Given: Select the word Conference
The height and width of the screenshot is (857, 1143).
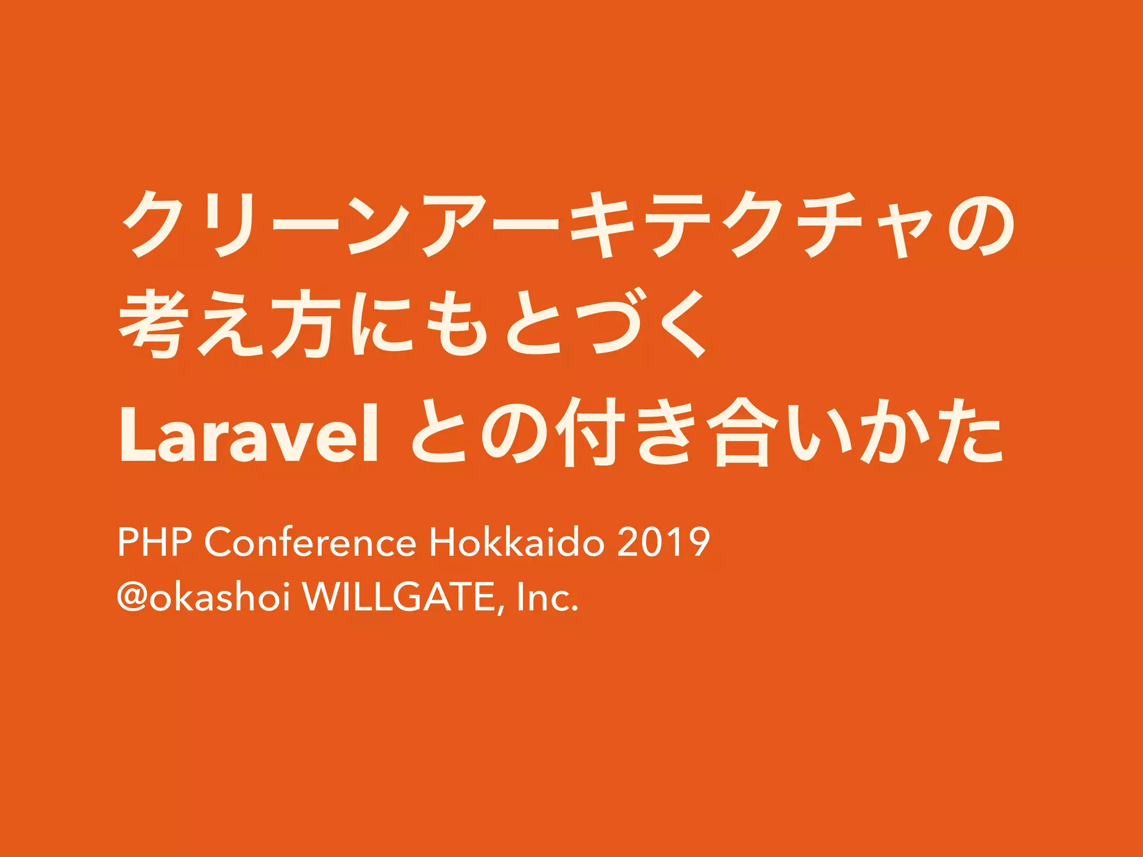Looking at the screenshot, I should [x=310, y=542].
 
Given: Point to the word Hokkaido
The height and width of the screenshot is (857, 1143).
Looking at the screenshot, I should [x=517, y=542].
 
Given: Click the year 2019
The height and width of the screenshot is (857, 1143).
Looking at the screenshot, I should [x=664, y=542].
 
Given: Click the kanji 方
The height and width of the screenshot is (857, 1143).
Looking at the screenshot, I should [x=305, y=324].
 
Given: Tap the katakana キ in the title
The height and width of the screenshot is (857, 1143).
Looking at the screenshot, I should [x=603, y=223].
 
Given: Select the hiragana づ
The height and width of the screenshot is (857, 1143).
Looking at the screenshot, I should [x=614, y=324].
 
